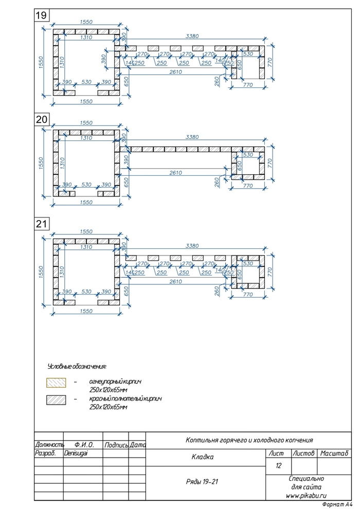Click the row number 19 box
click(x=41, y=16)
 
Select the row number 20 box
click(x=41, y=119)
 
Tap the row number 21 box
click(x=41, y=224)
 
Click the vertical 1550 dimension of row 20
click(x=41, y=161)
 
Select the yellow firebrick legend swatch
click(x=56, y=383)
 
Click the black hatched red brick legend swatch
click(x=56, y=399)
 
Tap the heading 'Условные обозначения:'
click(x=77, y=367)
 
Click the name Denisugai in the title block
click(x=76, y=454)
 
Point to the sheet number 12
click(x=279, y=466)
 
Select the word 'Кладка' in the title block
click(x=202, y=457)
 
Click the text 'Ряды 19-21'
click(x=202, y=482)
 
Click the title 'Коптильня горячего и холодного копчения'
click(x=249, y=440)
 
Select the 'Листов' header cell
click(x=303, y=453)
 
